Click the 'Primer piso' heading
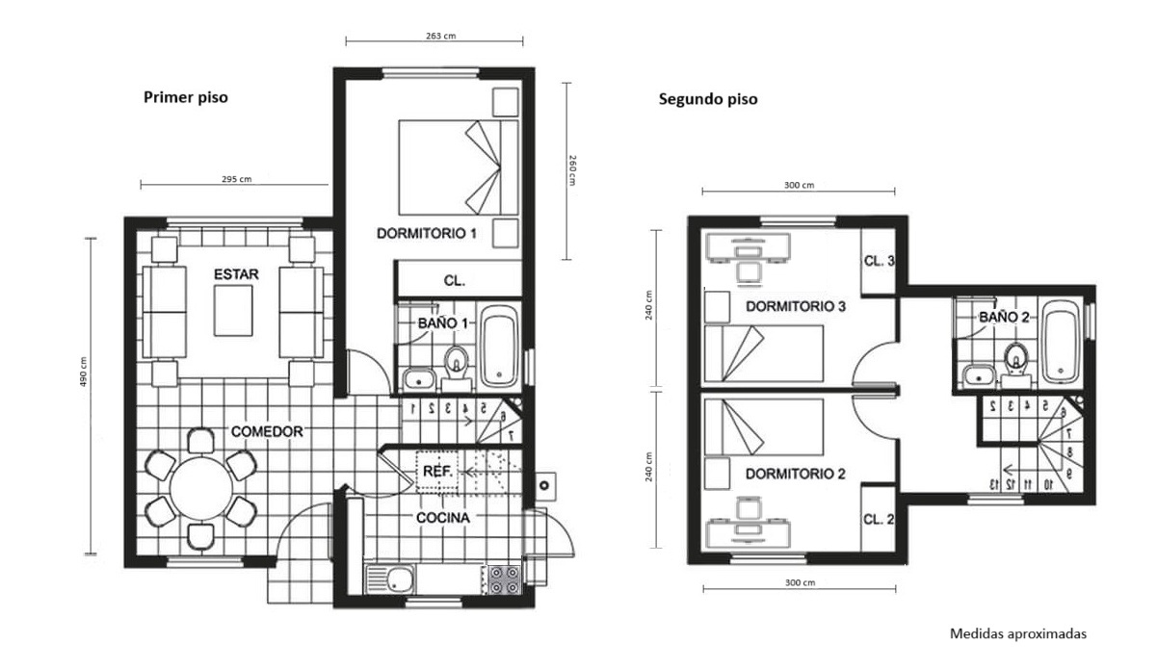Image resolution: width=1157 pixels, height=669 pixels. pyautogui.click(x=185, y=97)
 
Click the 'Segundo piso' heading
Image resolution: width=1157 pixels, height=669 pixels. pyautogui.click(x=708, y=99)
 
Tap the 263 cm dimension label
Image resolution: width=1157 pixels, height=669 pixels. pyautogui.click(x=440, y=36)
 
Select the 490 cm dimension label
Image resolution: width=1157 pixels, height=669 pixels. pyautogui.click(x=83, y=372)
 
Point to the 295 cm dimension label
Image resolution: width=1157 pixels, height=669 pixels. pyautogui.click(x=237, y=179)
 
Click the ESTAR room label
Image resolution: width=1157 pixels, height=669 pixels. pyautogui.click(x=236, y=274)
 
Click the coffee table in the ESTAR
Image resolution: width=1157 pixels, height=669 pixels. pyautogui.click(x=233, y=311)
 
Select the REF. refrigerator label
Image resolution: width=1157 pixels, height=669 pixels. pyautogui.click(x=437, y=472)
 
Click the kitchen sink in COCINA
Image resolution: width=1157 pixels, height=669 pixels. pyautogui.click(x=391, y=579)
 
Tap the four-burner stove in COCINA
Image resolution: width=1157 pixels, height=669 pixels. pyautogui.click(x=504, y=579)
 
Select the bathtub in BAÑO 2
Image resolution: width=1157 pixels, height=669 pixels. pyautogui.click(x=1061, y=342)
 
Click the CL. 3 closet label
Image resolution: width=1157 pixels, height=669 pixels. pyautogui.click(x=879, y=261)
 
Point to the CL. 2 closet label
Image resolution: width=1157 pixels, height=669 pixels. pyautogui.click(x=878, y=519)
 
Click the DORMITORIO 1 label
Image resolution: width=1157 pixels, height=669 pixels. pyautogui.click(x=427, y=233)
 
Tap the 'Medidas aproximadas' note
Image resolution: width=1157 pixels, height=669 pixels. pyautogui.click(x=1018, y=634)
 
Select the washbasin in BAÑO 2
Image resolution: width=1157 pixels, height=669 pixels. pyautogui.click(x=979, y=375)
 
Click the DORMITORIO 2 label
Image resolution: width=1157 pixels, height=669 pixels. pyautogui.click(x=796, y=474)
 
